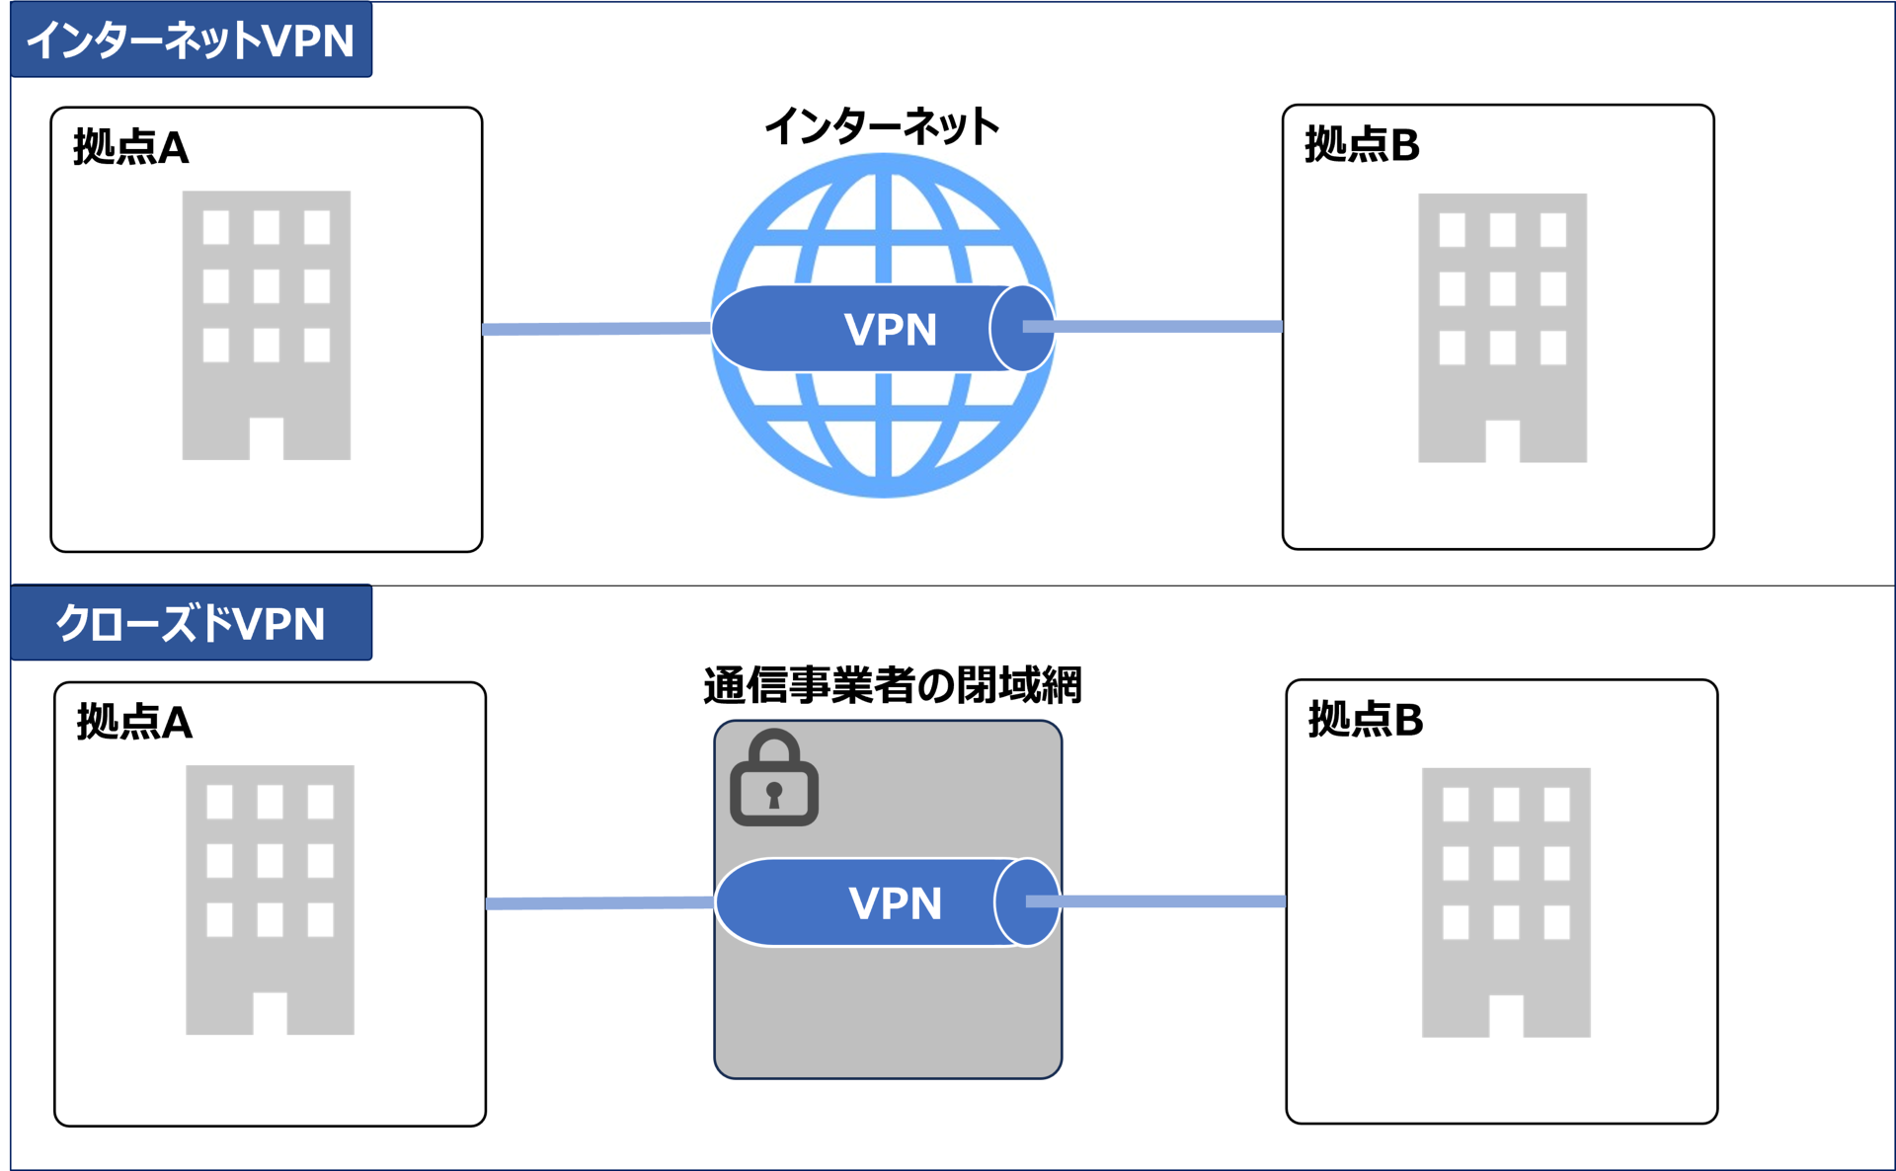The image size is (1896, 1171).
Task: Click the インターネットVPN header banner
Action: [191, 40]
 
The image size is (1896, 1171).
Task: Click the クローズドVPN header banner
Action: [191, 623]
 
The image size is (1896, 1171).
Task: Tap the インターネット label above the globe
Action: [882, 126]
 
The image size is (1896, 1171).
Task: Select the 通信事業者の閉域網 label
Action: [892, 684]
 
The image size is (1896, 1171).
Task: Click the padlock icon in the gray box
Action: [773, 779]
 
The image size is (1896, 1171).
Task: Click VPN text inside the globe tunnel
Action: [890, 330]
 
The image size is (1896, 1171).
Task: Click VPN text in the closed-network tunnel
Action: [895, 903]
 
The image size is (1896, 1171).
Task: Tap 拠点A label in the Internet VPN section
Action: [130, 147]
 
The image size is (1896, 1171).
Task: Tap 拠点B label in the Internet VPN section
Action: [1362, 144]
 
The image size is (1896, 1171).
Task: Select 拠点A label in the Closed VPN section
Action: [134, 722]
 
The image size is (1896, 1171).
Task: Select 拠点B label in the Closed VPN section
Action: [1366, 719]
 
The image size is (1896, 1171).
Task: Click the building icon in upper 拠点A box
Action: [267, 325]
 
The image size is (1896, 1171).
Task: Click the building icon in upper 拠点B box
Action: [1502, 328]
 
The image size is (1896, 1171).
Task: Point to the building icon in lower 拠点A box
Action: [270, 899]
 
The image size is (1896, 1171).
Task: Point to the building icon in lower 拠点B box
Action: [1505, 902]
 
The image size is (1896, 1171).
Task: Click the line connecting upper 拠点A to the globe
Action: [595, 329]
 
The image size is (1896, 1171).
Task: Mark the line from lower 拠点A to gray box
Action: [599, 903]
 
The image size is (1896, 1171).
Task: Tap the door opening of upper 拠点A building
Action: [267, 439]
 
